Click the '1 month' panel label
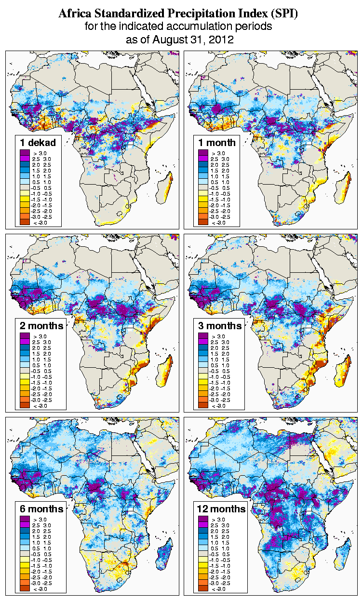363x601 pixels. (217, 142)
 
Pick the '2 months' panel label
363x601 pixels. (41, 326)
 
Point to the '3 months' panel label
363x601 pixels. (220, 326)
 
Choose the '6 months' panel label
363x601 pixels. (41, 509)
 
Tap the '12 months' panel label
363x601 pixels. (221, 509)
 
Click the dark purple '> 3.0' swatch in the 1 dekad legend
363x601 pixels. (25, 153)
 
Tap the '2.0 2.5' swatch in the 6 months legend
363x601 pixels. (25, 531)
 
